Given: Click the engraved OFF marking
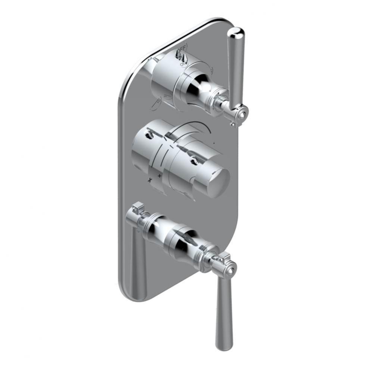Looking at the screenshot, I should coord(183,48).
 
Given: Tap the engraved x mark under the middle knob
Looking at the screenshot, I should coord(150,180).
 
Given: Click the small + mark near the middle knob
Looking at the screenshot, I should coord(159,175).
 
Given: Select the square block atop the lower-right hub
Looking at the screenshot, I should coord(225,257).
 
